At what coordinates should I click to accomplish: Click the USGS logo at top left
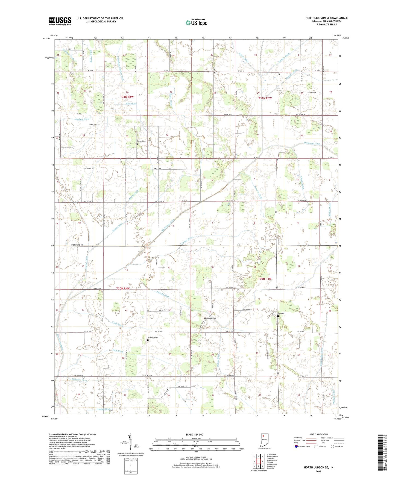coord(60,21)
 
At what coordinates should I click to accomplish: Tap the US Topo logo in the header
coord(196,22)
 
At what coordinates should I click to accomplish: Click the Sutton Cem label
coord(141,141)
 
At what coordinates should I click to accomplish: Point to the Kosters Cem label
coord(212,318)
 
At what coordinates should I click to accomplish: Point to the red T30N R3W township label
coord(265,279)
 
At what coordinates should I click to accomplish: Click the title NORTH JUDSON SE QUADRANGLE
coord(326,18)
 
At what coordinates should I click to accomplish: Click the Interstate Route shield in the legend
coord(297,446)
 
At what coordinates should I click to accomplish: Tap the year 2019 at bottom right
coord(318,471)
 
